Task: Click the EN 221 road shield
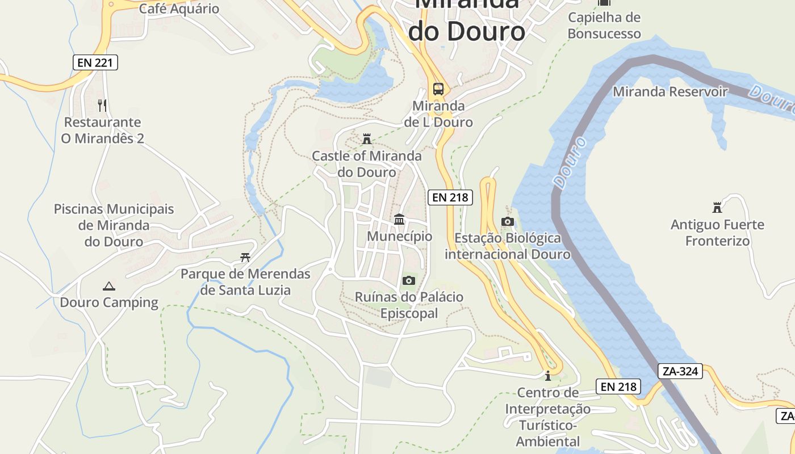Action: coord(95,62)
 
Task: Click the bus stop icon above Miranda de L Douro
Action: coord(438,89)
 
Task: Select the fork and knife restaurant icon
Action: coord(102,105)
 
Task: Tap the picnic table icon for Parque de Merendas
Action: coord(245,258)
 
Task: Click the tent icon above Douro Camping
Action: coord(109,286)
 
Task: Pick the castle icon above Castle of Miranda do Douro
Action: coord(367,139)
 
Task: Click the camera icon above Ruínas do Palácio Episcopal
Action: coord(408,280)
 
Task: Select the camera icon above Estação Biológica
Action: coord(508,221)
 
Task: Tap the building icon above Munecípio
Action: coord(399,220)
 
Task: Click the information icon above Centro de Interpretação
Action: coord(547,376)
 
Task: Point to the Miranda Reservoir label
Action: coord(670,91)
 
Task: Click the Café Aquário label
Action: coord(179,9)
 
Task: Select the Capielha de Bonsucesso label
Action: coord(604,26)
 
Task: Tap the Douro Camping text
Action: coord(109,302)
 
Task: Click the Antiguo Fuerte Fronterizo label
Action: coord(717,233)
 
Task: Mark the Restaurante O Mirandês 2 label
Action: coord(102,130)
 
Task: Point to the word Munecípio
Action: coord(399,236)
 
